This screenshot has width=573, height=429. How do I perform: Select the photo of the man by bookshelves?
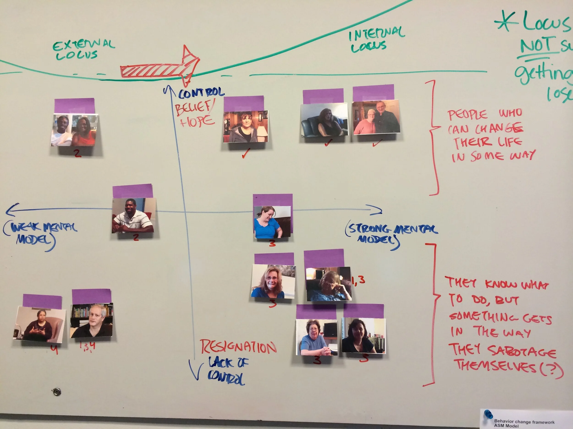[92, 320]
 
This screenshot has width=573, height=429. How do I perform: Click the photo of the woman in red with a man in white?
[74, 130]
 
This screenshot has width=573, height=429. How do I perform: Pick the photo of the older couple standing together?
[376, 117]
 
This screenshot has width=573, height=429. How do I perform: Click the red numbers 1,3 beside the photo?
[358, 280]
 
